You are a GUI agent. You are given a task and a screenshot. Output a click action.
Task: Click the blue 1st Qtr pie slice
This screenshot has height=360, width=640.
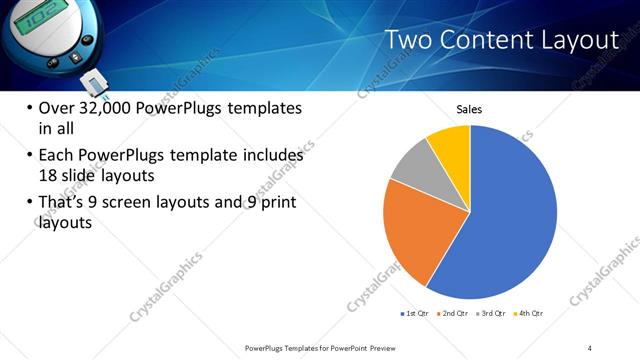(505, 220)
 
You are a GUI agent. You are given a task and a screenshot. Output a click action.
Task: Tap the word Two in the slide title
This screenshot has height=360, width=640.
(408, 40)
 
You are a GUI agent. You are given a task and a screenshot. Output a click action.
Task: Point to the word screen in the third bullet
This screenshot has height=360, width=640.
(134, 203)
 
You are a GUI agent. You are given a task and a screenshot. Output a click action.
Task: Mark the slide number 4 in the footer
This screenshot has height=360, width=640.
(590, 347)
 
